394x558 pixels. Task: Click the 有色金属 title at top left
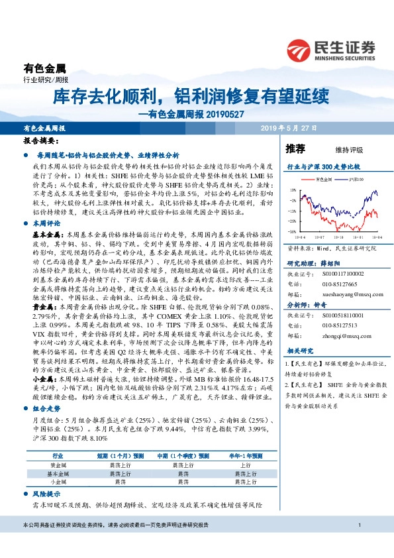44,68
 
